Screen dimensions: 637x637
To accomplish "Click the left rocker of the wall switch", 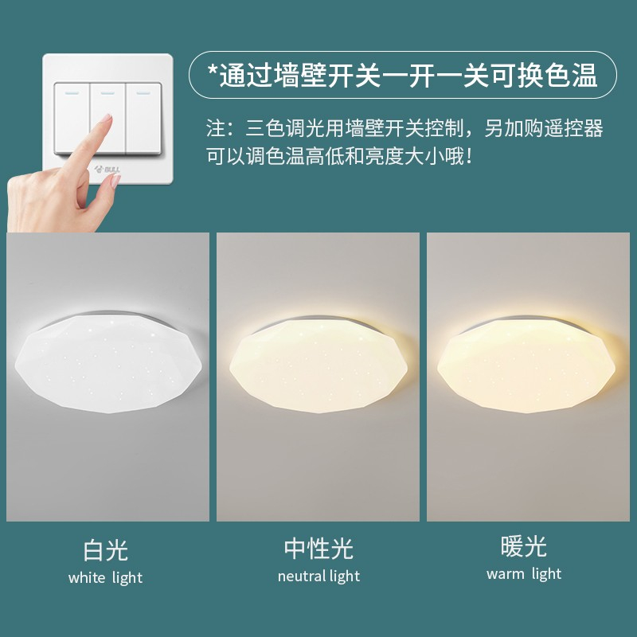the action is pos(72,118).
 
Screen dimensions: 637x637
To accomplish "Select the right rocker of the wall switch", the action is pos(144,118).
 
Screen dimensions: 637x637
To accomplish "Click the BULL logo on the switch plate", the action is pos(107,170).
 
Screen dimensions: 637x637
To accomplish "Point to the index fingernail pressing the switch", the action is pos(106,118).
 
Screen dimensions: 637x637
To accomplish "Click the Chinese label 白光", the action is pos(106,550).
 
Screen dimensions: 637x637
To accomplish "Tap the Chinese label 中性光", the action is pos(319,548).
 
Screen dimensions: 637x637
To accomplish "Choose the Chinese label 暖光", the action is pos(524,546).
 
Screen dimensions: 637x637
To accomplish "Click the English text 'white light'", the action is pos(106,578).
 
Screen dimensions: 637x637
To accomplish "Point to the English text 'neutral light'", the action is pos(319,576).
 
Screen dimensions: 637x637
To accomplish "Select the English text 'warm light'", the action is pos(524,574).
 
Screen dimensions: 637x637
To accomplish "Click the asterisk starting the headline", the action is pos(213,70).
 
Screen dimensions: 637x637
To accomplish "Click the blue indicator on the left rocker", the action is pos(72,93).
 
